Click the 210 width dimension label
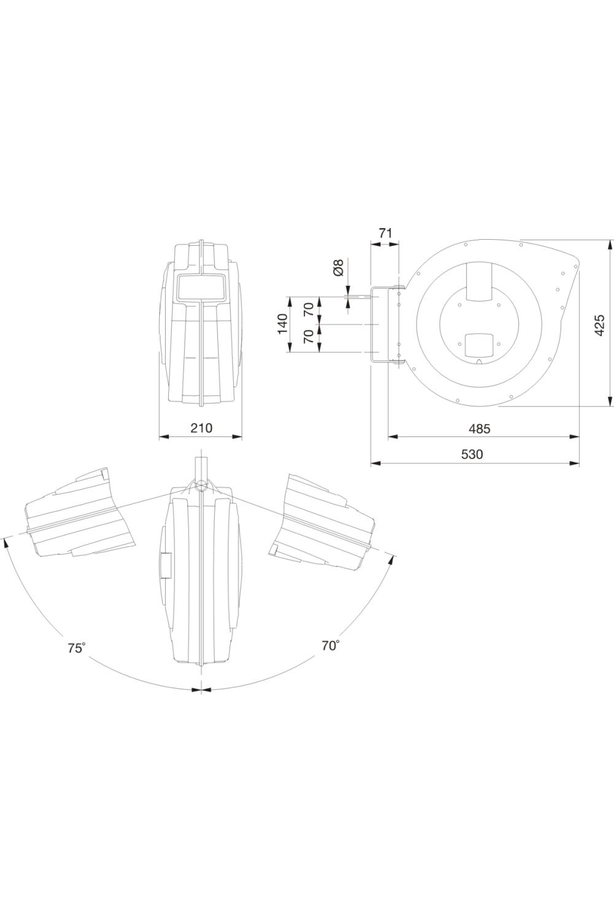click(201, 428)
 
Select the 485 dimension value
click(480, 429)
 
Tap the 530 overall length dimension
click(472, 454)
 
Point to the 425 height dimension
click(600, 325)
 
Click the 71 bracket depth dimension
click(384, 234)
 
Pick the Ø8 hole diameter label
click(338, 268)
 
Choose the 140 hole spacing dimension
click(282, 324)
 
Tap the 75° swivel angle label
click(77, 648)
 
